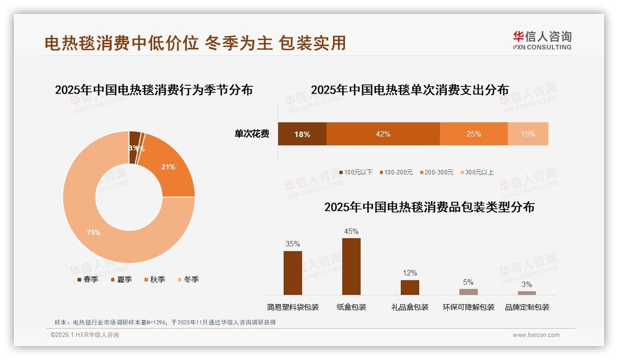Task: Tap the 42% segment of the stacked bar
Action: tap(383, 134)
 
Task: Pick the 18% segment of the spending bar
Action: tap(302, 134)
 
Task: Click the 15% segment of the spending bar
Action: tap(528, 134)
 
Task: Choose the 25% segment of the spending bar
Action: tap(474, 134)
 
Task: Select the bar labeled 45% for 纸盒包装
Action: tap(351, 266)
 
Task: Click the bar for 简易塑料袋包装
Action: tap(293, 273)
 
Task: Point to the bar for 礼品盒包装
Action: tap(410, 287)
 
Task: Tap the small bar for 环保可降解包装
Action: tap(469, 292)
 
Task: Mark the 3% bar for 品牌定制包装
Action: tap(527, 293)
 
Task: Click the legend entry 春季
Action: tap(87, 279)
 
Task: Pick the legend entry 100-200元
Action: tap(396, 172)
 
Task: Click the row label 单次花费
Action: tap(252, 134)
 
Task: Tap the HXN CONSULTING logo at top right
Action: tap(542, 40)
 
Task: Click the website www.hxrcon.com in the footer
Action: tap(536, 335)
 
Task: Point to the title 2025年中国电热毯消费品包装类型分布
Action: tap(429, 207)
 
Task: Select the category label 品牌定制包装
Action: tap(527, 307)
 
